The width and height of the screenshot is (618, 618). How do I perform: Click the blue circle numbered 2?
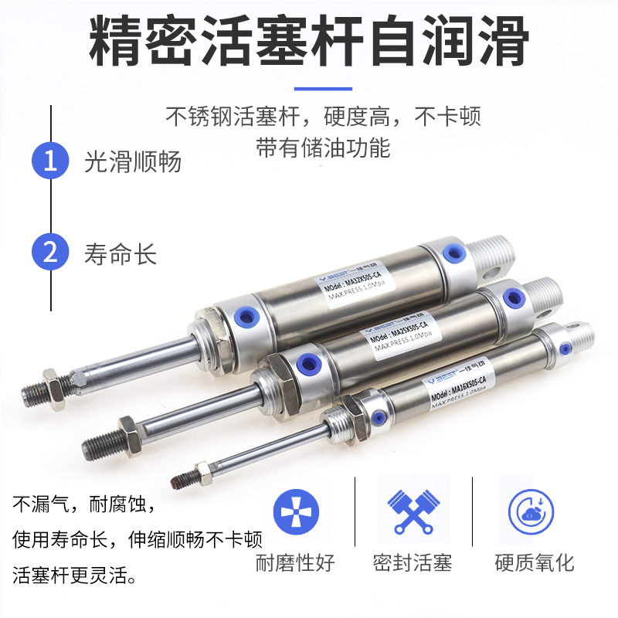[51, 253]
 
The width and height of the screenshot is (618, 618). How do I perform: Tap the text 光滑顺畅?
[132, 161]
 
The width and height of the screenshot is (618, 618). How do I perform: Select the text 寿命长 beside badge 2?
[121, 253]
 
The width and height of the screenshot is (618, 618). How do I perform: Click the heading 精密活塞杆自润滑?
[309, 39]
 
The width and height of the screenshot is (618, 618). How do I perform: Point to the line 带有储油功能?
[323, 148]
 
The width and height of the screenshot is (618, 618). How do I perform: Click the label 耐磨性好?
[295, 562]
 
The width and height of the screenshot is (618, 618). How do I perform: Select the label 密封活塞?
[413, 562]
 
